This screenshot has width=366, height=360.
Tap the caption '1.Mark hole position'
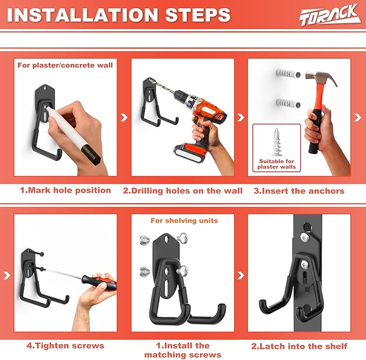(66, 190)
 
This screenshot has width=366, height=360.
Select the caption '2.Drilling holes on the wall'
(183, 190)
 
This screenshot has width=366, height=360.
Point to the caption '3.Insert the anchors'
(300, 190)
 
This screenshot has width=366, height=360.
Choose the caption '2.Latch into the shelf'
(300, 345)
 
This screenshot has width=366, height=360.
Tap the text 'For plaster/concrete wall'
(65, 65)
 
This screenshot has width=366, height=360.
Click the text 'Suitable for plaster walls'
(276, 163)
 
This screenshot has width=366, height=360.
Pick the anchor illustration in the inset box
(276, 142)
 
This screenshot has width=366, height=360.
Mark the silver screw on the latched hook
(306, 264)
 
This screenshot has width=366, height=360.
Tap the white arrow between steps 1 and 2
(125, 117)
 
